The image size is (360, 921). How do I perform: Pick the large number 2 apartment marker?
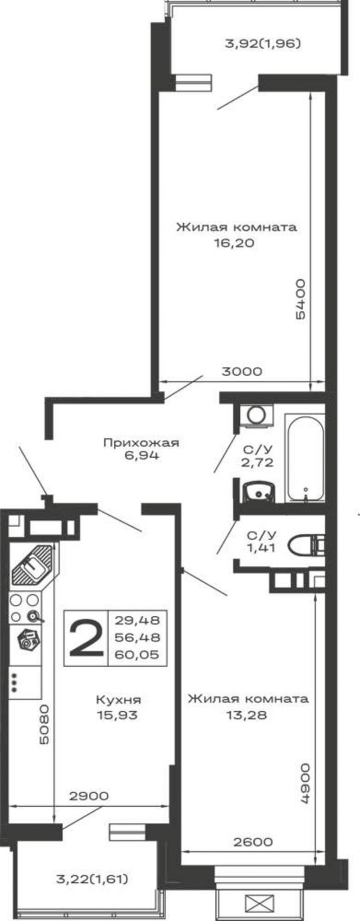pyautogui.click(x=86, y=638)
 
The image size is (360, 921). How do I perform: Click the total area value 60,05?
pyautogui.click(x=137, y=654)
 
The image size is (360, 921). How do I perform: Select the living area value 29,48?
pyautogui.click(x=137, y=620)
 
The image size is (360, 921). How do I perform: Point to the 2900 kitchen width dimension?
pyautogui.click(x=88, y=796)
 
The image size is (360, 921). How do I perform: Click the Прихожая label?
pyautogui.click(x=141, y=442)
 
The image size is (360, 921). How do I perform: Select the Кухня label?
pyautogui.click(x=118, y=700)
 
